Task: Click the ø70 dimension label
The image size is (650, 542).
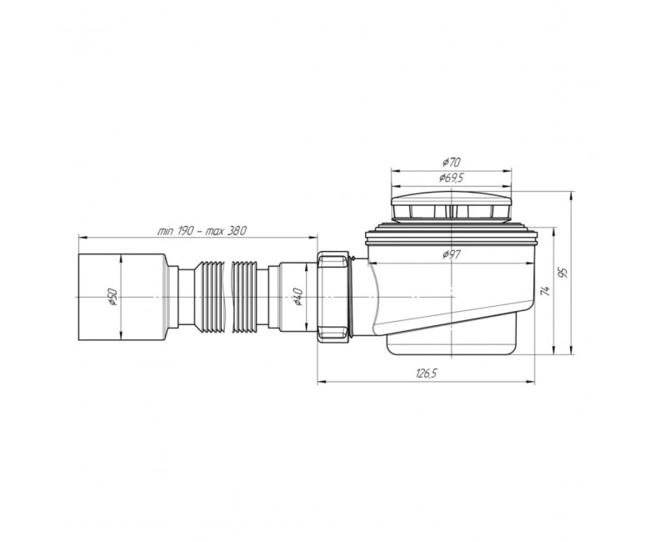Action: point(451,162)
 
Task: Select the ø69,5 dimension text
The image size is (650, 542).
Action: point(451,178)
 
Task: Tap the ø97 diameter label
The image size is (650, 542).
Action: point(451,254)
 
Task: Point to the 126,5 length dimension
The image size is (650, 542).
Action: point(426,374)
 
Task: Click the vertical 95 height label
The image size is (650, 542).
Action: point(562,274)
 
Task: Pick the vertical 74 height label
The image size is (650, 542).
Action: point(547,291)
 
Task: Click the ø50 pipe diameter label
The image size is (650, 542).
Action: point(113,298)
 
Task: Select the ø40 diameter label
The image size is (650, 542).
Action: point(298,298)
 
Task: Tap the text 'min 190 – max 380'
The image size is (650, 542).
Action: point(202,231)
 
